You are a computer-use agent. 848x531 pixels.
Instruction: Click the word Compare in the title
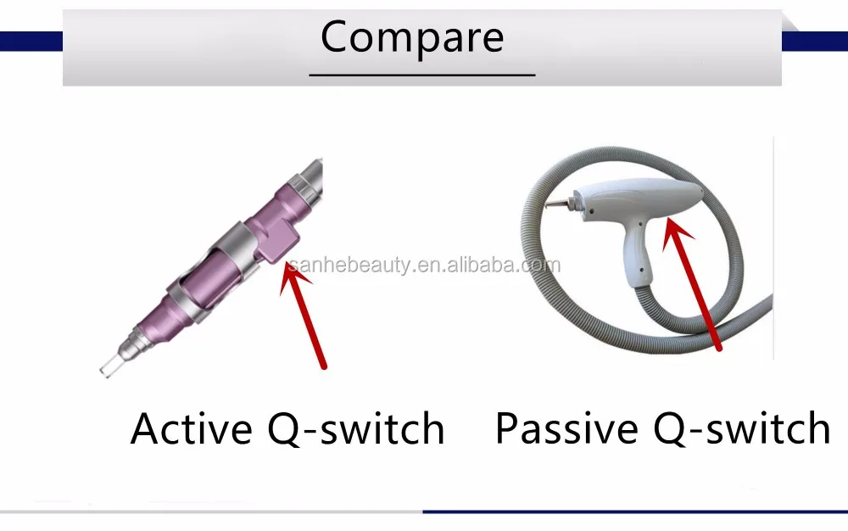(412, 36)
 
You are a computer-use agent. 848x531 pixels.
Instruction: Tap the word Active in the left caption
(191, 428)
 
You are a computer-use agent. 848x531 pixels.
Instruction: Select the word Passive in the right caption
(566, 428)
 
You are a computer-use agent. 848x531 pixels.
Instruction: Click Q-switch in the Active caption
(356, 429)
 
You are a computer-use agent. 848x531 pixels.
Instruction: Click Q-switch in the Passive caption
(741, 429)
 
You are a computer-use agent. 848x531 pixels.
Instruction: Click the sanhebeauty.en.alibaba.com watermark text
(424, 265)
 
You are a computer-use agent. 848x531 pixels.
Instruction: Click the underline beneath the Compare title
(421, 75)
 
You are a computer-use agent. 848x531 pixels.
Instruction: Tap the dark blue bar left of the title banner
(31, 42)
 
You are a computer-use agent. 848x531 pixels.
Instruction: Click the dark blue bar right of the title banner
(814, 42)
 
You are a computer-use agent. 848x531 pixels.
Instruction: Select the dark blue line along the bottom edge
(635, 511)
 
